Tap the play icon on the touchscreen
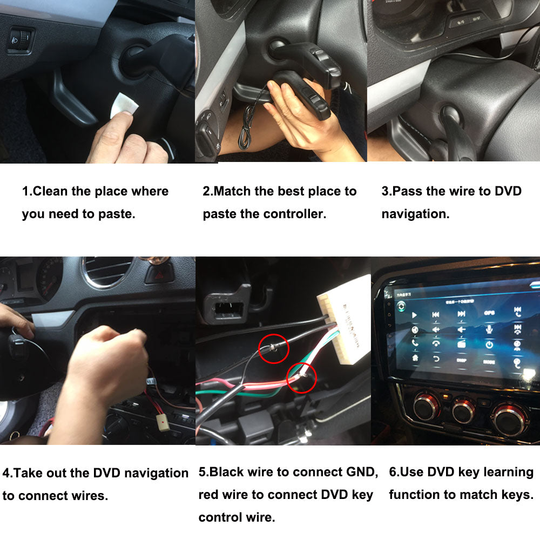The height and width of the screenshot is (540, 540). click(414, 315)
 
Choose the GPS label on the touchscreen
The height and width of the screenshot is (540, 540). click(489, 313)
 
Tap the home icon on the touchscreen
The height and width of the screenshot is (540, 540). click(415, 358)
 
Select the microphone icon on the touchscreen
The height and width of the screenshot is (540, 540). click(489, 329)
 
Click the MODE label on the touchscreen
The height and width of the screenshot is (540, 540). click(489, 361)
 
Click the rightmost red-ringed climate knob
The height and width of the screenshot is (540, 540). click(509, 417)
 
